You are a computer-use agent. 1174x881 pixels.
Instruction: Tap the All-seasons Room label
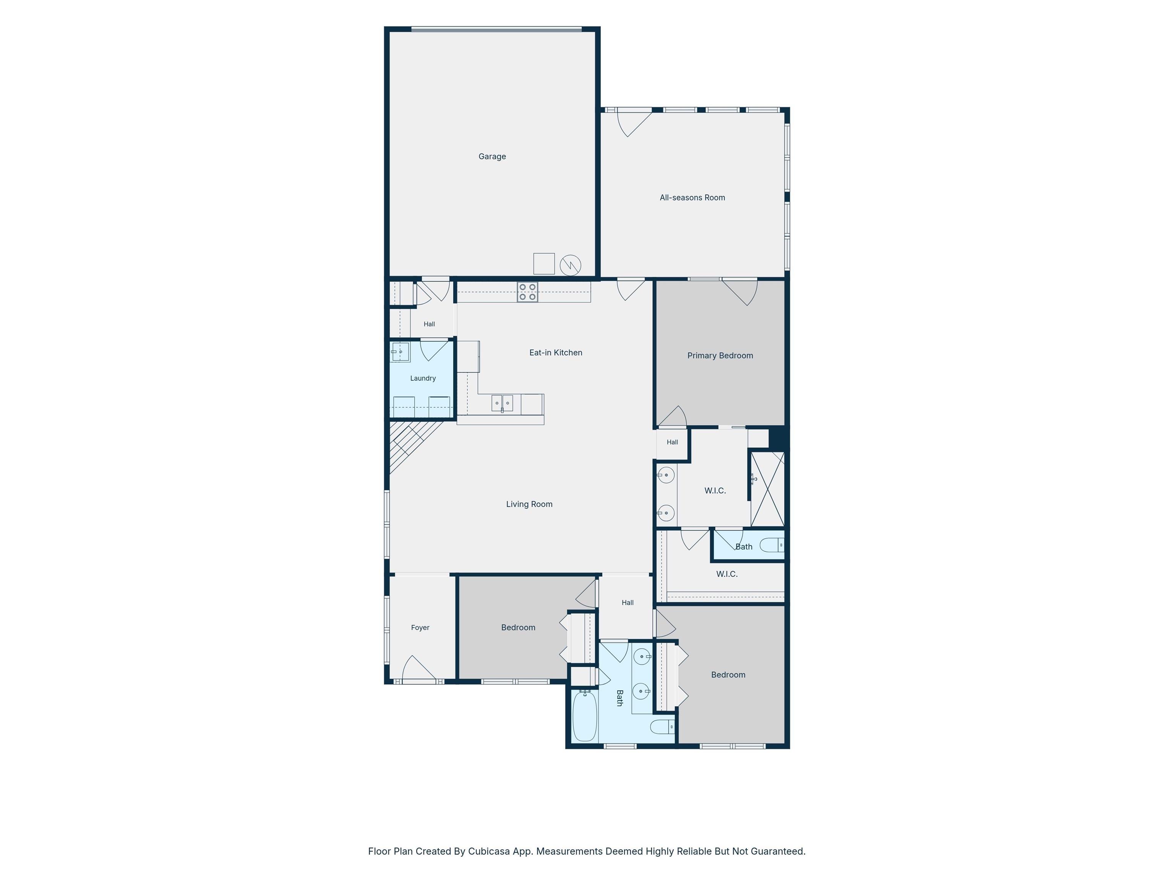tap(692, 198)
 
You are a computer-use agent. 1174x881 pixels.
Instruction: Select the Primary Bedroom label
tap(720, 356)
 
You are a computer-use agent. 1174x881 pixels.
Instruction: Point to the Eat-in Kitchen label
tap(556, 353)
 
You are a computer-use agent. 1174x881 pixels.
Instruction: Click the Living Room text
tap(529, 504)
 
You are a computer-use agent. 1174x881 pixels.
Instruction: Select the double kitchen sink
tap(502, 403)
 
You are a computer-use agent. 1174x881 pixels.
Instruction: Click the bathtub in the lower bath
tap(585, 715)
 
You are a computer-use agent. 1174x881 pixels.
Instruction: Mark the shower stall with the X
tap(767, 489)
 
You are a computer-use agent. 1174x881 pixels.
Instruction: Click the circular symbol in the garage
tap(570, 265)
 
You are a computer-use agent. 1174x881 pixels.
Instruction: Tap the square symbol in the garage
tap(544, 263)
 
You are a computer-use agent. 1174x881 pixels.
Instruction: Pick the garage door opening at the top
tap(497, 30)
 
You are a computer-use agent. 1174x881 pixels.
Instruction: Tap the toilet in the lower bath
tap(662, 727)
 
